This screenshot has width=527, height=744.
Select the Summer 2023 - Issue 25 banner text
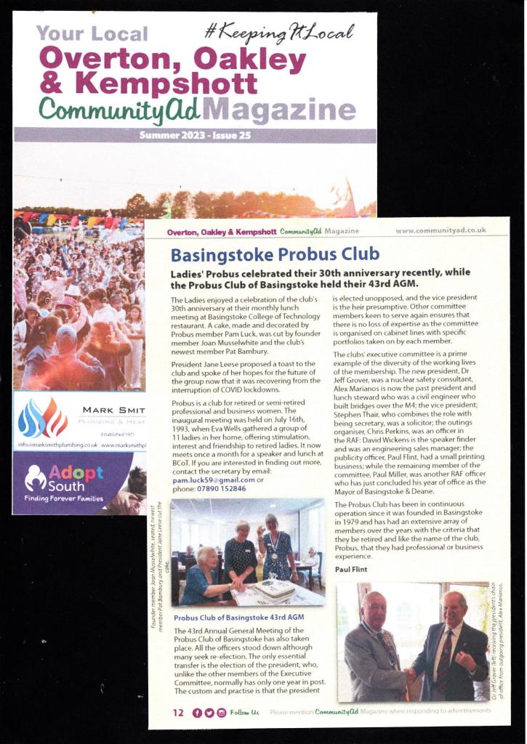[x=194, y=134]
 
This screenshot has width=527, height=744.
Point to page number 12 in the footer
[x=178, y=712]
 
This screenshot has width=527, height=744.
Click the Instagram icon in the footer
[x=222, y=712]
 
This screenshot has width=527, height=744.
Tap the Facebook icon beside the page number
[x=197, y=712]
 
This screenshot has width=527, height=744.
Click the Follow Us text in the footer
[x=244, y=712]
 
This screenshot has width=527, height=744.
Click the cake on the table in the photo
[x=273, y=589]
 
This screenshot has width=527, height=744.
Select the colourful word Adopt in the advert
[x=67, y=474]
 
